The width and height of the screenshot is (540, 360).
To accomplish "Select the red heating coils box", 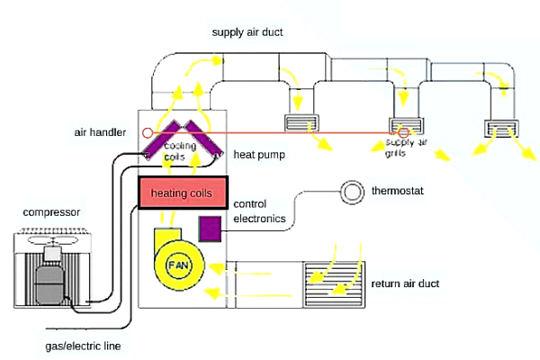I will (183, 193).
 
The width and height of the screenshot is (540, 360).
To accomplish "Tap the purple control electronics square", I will (211, 228).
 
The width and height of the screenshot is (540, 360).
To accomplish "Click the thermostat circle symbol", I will (350, 192).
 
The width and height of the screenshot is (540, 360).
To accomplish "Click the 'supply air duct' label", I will (247, 32).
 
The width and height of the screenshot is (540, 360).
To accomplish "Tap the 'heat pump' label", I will (259, 155).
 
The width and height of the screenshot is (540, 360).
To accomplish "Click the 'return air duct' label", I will (405, 283).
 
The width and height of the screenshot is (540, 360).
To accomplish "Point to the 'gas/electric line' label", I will (83, 346).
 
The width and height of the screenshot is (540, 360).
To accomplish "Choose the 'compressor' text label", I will (51, 212).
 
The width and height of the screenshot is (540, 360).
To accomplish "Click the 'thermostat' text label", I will (397, 192).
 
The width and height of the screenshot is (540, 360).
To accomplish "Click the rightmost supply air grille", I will (500, 129).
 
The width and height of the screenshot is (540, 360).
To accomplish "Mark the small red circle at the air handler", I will (147, 132).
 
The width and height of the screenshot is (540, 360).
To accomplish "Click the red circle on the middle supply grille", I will (404, 133).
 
